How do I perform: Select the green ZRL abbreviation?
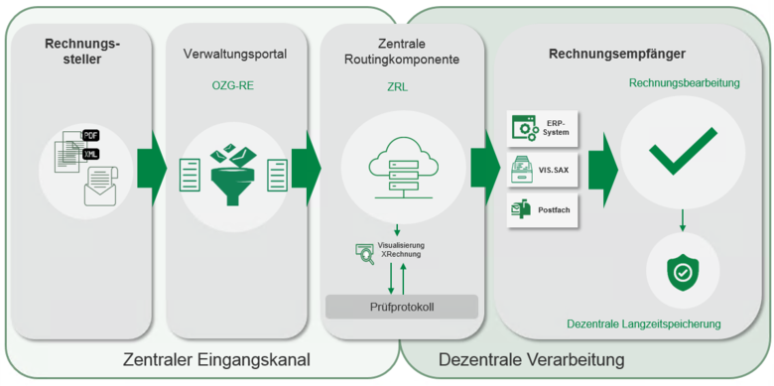tap(397, 86)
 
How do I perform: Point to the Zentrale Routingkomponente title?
tap(397, 53)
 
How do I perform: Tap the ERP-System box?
tap(544, 127)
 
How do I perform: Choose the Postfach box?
tap(544, 208)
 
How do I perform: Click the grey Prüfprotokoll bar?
tap(402, 307)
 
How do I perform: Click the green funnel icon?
tap(235, 170)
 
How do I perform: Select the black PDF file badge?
tap(90, 135)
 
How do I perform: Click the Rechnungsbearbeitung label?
tap(684, 84)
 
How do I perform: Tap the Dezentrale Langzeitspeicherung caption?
tap(643, 323)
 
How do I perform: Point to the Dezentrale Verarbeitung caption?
tap(531, 359)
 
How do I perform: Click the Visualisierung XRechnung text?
tap(401, 249)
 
